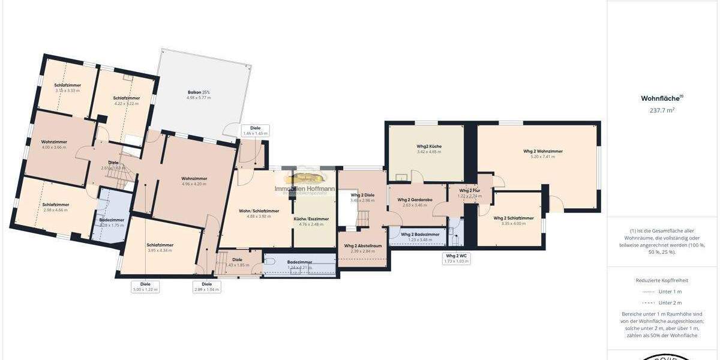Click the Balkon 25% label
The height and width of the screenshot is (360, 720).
tap(199, 94)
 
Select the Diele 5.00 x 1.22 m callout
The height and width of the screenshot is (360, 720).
tap(145, 287)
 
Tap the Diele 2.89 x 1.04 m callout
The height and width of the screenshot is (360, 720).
tap(207, 287)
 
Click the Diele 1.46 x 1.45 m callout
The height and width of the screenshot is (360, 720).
tap(256, 130)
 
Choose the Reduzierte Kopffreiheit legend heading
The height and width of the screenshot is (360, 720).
tap(662, 280)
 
